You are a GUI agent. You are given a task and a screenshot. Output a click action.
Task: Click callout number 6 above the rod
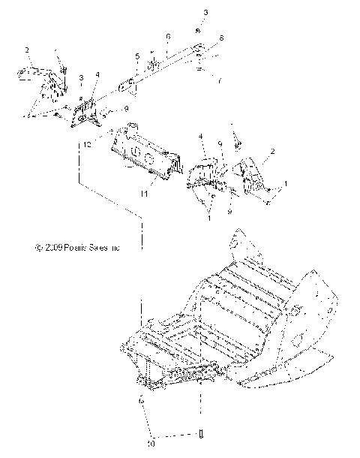(x=168, y=36)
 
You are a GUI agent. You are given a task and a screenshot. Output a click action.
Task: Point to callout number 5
(x=138, y=56)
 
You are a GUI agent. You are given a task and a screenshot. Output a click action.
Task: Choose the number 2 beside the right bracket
(x=271, y=151)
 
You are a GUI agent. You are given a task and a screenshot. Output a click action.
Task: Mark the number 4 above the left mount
(x=97, y=74)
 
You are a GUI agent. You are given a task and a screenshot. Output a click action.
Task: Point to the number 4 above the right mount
(x=201, y=136)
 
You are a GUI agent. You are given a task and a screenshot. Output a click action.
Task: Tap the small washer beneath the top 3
(x=196, y=29)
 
